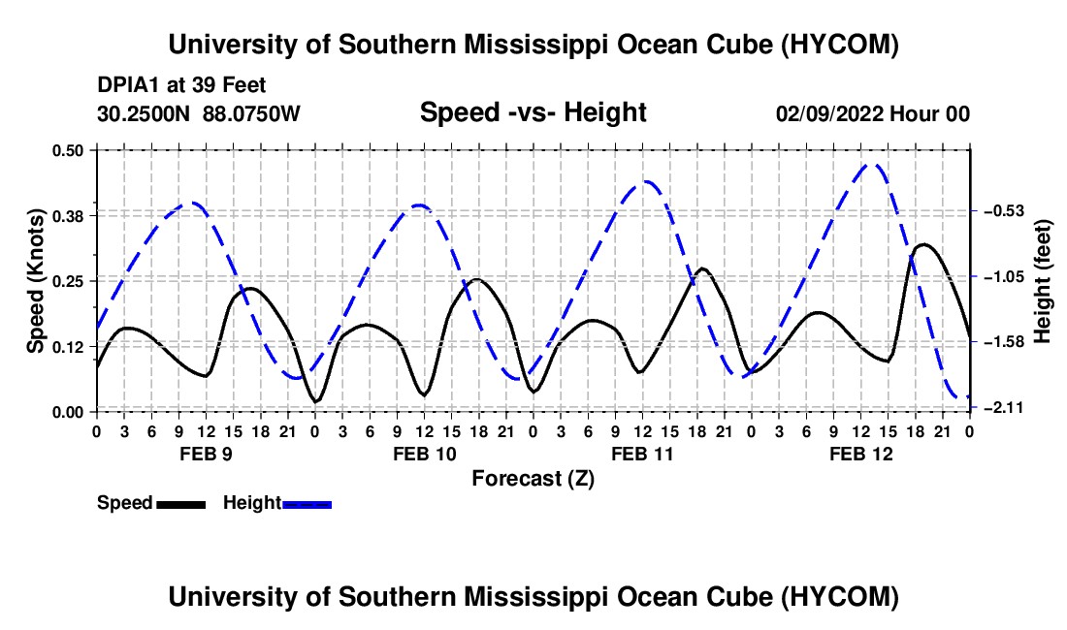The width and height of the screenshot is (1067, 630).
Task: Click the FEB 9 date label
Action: coord(206,454)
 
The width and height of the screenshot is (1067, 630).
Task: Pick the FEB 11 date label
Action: coord(642,454)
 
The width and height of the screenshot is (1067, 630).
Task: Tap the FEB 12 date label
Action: coord(860,454)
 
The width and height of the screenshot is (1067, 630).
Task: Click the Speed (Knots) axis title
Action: coord(35,281)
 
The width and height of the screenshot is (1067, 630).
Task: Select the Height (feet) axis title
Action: coord(1043,281)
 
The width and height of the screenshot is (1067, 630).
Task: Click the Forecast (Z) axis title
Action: coord(533,479)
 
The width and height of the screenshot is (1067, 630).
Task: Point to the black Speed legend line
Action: coord(181,505)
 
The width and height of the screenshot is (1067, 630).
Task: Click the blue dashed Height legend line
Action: coord(307,505)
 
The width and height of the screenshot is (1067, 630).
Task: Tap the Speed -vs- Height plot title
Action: coord(533,112)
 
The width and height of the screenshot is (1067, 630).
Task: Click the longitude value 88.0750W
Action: coord(251,113)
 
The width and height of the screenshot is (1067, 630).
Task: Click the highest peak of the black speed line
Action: coord(923,244)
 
